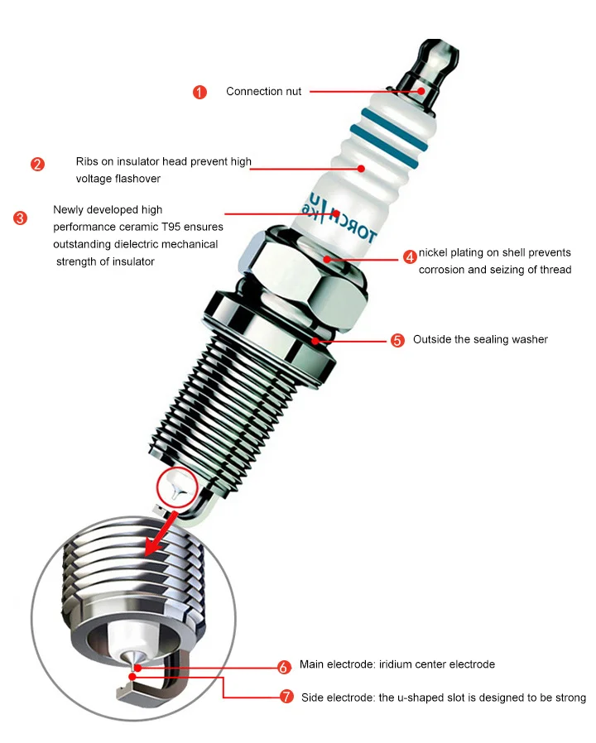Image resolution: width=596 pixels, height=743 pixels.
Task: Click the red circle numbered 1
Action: [x=199, y=92]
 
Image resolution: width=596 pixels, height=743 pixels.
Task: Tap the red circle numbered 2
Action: [x=38, y=164]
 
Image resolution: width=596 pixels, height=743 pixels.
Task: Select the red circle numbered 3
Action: [x=21, y=218]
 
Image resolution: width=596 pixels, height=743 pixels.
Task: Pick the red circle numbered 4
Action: [x=410, y=256]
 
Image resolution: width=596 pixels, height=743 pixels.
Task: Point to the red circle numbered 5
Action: [x=397, y=340]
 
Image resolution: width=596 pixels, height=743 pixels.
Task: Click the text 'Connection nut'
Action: [x=263, y=92]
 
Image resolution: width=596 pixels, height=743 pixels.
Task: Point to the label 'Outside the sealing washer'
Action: [x=480, y=340]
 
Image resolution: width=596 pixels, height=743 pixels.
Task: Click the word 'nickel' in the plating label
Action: [x=434, y=252]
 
